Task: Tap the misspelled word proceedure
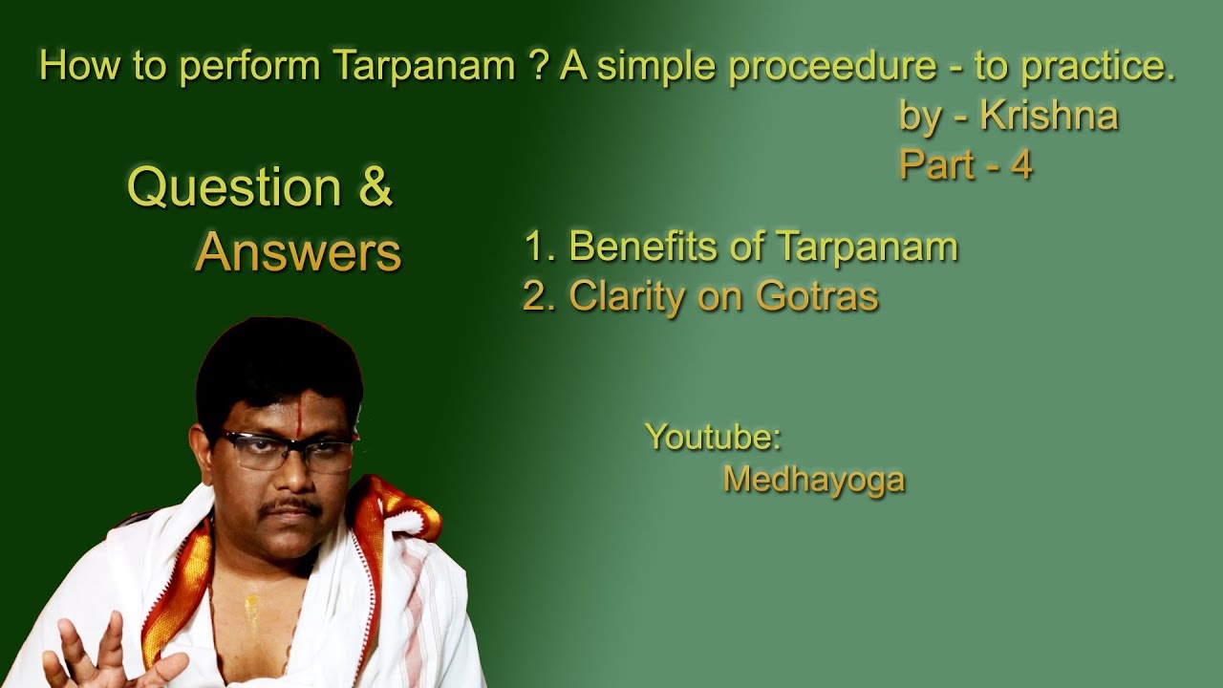(x=831, y=66)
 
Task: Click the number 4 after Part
(x=1021, y=165)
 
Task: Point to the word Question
(x=234, y=187)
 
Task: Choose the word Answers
(x=298, y=252)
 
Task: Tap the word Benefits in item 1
(x=650, y=247)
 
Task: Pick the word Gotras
(x=817, y=296)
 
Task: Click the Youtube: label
(x=713, y=437)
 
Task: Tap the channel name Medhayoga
(x=813, y=479)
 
